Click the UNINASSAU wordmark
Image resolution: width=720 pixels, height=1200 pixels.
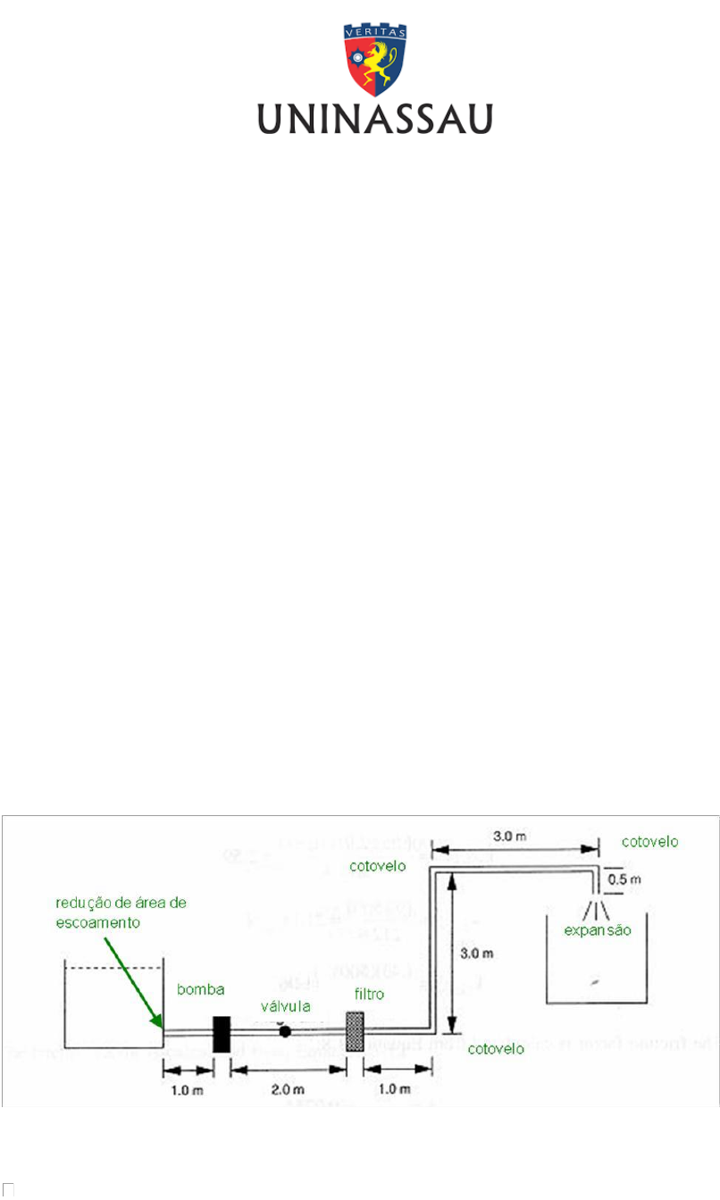tap(375, 119)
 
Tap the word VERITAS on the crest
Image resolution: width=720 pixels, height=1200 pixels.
tap(375, 30)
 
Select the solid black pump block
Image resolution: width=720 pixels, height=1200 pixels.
tap(222, 1034)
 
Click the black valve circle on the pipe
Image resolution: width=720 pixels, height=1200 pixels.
tap(285, 1031)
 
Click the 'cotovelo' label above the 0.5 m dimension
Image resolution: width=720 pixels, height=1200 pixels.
tap(650, 841)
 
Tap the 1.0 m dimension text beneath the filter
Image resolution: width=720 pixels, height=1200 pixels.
tap(394, 1089)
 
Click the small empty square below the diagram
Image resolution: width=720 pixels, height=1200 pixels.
tap(9, 1188)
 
